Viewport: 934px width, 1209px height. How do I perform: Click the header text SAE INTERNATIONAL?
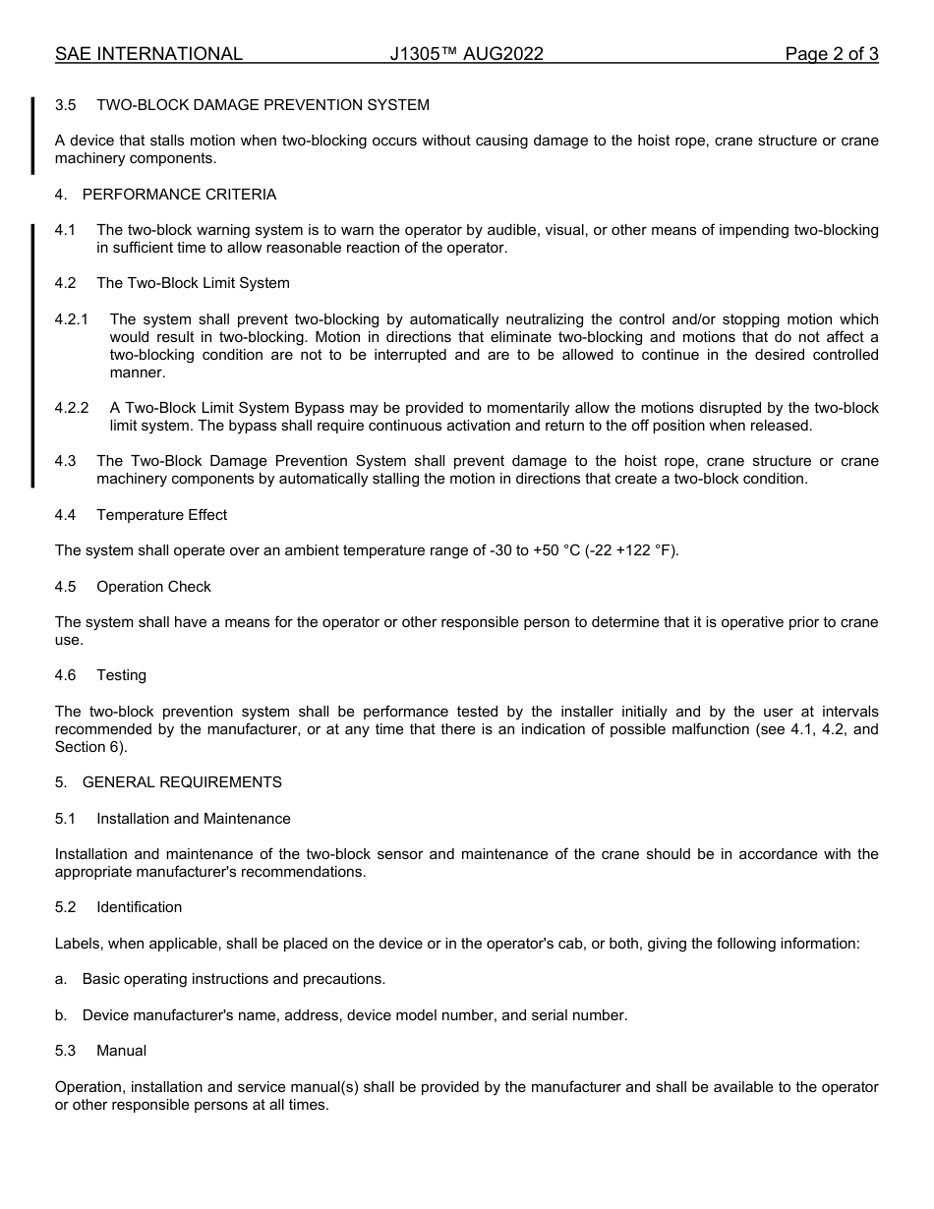tap(148, 54)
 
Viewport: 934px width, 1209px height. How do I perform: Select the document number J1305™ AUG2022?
tap(466, 54)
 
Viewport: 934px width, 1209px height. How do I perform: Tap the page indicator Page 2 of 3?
tap(831, 54)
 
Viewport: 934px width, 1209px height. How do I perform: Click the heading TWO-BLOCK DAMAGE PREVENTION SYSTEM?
tap(263, 105)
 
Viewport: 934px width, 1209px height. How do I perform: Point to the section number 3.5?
tap(66, 105)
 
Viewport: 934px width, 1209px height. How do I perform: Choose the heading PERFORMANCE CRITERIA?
tap(179, 195)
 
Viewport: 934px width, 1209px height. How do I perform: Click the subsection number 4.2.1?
tap(72, 319)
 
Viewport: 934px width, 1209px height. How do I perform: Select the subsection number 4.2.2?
tap(72, 408)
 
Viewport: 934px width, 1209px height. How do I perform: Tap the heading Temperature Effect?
tap(161, 515)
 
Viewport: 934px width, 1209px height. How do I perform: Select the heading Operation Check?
tap(153, 587)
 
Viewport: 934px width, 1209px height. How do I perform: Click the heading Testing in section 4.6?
tap(121, 675)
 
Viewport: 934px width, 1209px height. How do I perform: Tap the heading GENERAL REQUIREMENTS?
tap(182, 782)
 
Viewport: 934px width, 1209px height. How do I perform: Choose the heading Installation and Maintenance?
tap(194, 819)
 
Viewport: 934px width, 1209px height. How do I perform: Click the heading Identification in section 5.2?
tap(139, 907)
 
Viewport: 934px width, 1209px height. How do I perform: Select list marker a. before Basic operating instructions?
tap(61, 979)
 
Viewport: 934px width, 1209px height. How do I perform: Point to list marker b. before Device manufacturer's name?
tap(61, 1015)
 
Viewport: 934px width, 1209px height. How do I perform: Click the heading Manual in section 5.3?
tap(121, 1051)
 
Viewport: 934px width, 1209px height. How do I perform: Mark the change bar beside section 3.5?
tap(33, 135)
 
